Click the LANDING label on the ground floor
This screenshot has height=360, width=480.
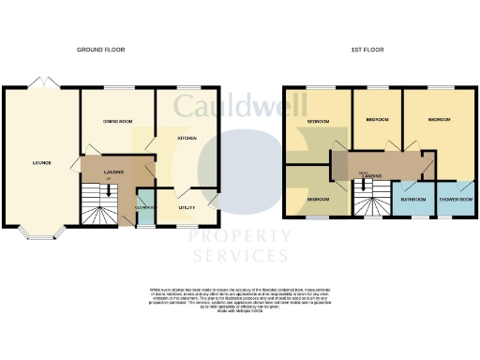(x=115, y=172)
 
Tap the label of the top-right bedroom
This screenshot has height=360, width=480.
(x=440, y=120)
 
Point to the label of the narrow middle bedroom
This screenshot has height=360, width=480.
(x=377, y=120)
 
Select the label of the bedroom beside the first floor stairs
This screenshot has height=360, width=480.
(x=318, y=200)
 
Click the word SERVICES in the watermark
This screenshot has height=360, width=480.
(x=241, y=256)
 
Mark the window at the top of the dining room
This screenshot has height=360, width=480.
(x=115, y=89)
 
